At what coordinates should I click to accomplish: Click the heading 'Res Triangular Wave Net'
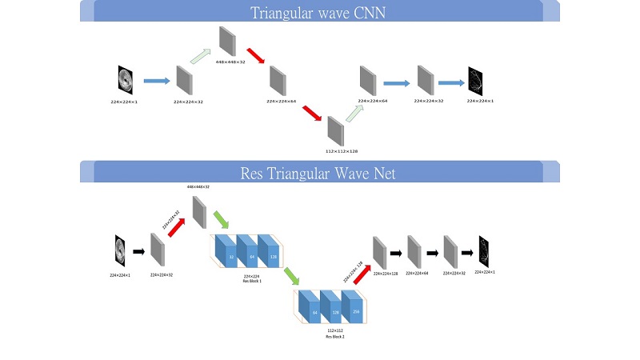[x=318, y=173]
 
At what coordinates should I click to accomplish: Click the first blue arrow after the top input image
[x=156, y=81]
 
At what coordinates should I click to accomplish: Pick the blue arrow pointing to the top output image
[x=450, y=82]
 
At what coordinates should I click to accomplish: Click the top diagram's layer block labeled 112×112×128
[x=334, y=130]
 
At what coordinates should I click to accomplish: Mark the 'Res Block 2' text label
[x=334, y=337]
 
